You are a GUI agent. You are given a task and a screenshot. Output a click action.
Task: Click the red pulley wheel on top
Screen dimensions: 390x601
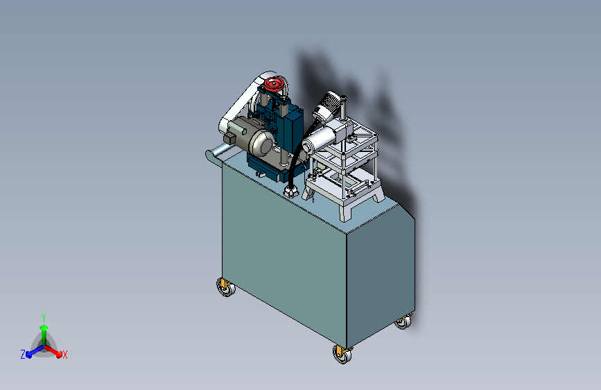pos(275,85)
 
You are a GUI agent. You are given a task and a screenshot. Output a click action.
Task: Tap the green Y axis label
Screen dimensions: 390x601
pos(43,316)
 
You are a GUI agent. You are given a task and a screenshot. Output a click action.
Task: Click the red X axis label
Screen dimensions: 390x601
pos(65,355)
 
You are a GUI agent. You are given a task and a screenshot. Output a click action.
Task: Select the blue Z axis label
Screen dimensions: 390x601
pos(23,354)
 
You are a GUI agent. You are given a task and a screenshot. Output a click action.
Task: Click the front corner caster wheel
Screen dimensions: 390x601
pos(342,354)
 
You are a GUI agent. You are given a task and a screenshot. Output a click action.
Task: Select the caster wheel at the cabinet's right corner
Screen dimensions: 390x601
pos(403,323)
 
